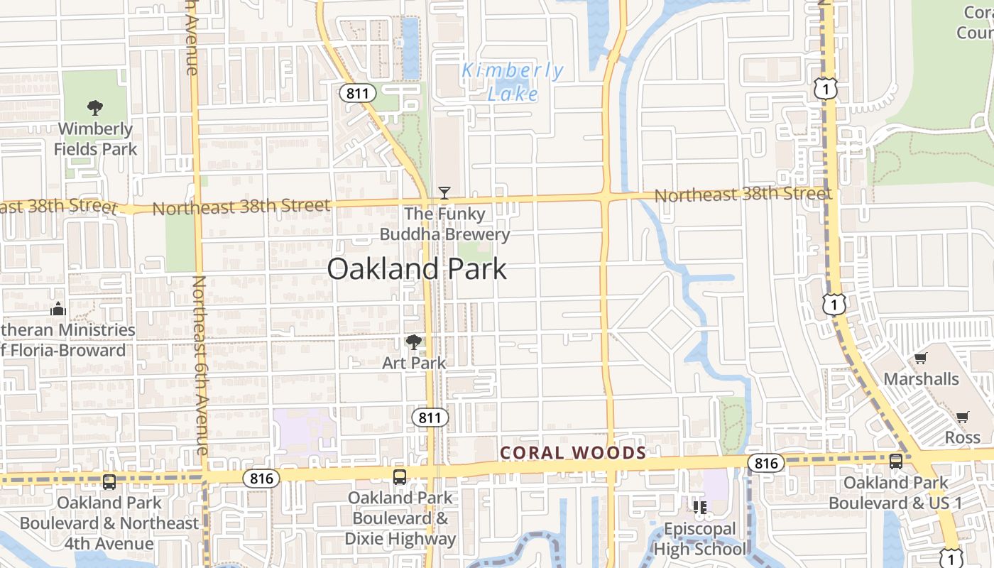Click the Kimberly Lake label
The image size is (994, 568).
pos(513,82)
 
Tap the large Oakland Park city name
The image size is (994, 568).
pos(417,270)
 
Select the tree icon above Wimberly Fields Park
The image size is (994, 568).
pos(95,108)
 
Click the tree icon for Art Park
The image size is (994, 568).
pos(414,342)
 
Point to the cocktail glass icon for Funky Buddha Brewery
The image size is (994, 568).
pos(444,192)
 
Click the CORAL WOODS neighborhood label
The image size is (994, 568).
pos(573,453)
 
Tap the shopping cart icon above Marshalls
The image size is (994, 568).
pos(921,358)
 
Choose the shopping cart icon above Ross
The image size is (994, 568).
pos(962,417)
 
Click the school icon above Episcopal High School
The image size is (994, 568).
pos(700,507)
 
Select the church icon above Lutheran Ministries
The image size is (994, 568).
pos(58,309)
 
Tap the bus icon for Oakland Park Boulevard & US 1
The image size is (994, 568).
pos(896,461)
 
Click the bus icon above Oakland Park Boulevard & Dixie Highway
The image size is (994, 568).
pos(400,476)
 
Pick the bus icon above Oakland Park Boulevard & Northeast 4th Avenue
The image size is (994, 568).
pos(109,482)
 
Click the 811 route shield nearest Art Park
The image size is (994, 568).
pos(430,417)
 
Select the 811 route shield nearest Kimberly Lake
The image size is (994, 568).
pos(357,92)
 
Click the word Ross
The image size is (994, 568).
pos(962,437)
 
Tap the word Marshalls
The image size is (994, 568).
pos(921,378)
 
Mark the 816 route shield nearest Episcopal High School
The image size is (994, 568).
pos(766,464)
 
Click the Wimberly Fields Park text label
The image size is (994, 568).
pos(95,139)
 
